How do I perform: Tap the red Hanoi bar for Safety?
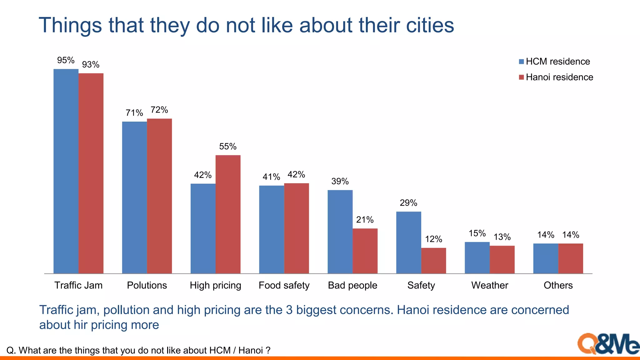[x=433, y=261]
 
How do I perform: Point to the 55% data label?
[x=228, y=147]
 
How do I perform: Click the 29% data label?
[x=408, y=203]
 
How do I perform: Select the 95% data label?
[x=66, y=60]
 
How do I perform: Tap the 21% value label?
[x=365, y=220]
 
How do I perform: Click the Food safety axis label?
[x=284, y=285]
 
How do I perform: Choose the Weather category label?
[x=489, y=285]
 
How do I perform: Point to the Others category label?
[x=558, y=285]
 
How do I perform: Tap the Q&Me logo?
[x=608, y=344]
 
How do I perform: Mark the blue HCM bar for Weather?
[x=477, y=258]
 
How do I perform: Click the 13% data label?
[x=502, y=237]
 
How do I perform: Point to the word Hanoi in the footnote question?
[x=250, y=350]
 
